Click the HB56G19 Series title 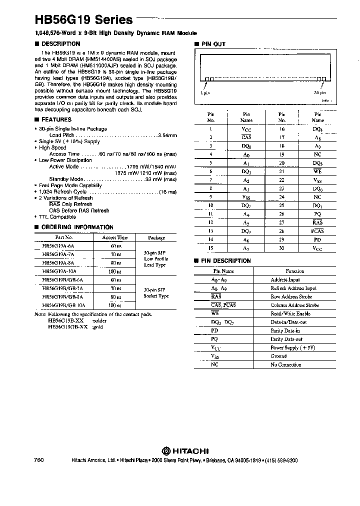coord(83,20)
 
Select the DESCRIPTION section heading coord(57,44)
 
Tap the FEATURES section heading coord(56,119)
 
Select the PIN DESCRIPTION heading coord(225,261)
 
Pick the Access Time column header coord(115,237)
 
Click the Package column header coord(156,237)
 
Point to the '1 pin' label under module coord(205,92)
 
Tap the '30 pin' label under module coord(320,92)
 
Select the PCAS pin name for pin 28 coord(317,231)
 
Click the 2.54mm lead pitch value coord(167,135)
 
